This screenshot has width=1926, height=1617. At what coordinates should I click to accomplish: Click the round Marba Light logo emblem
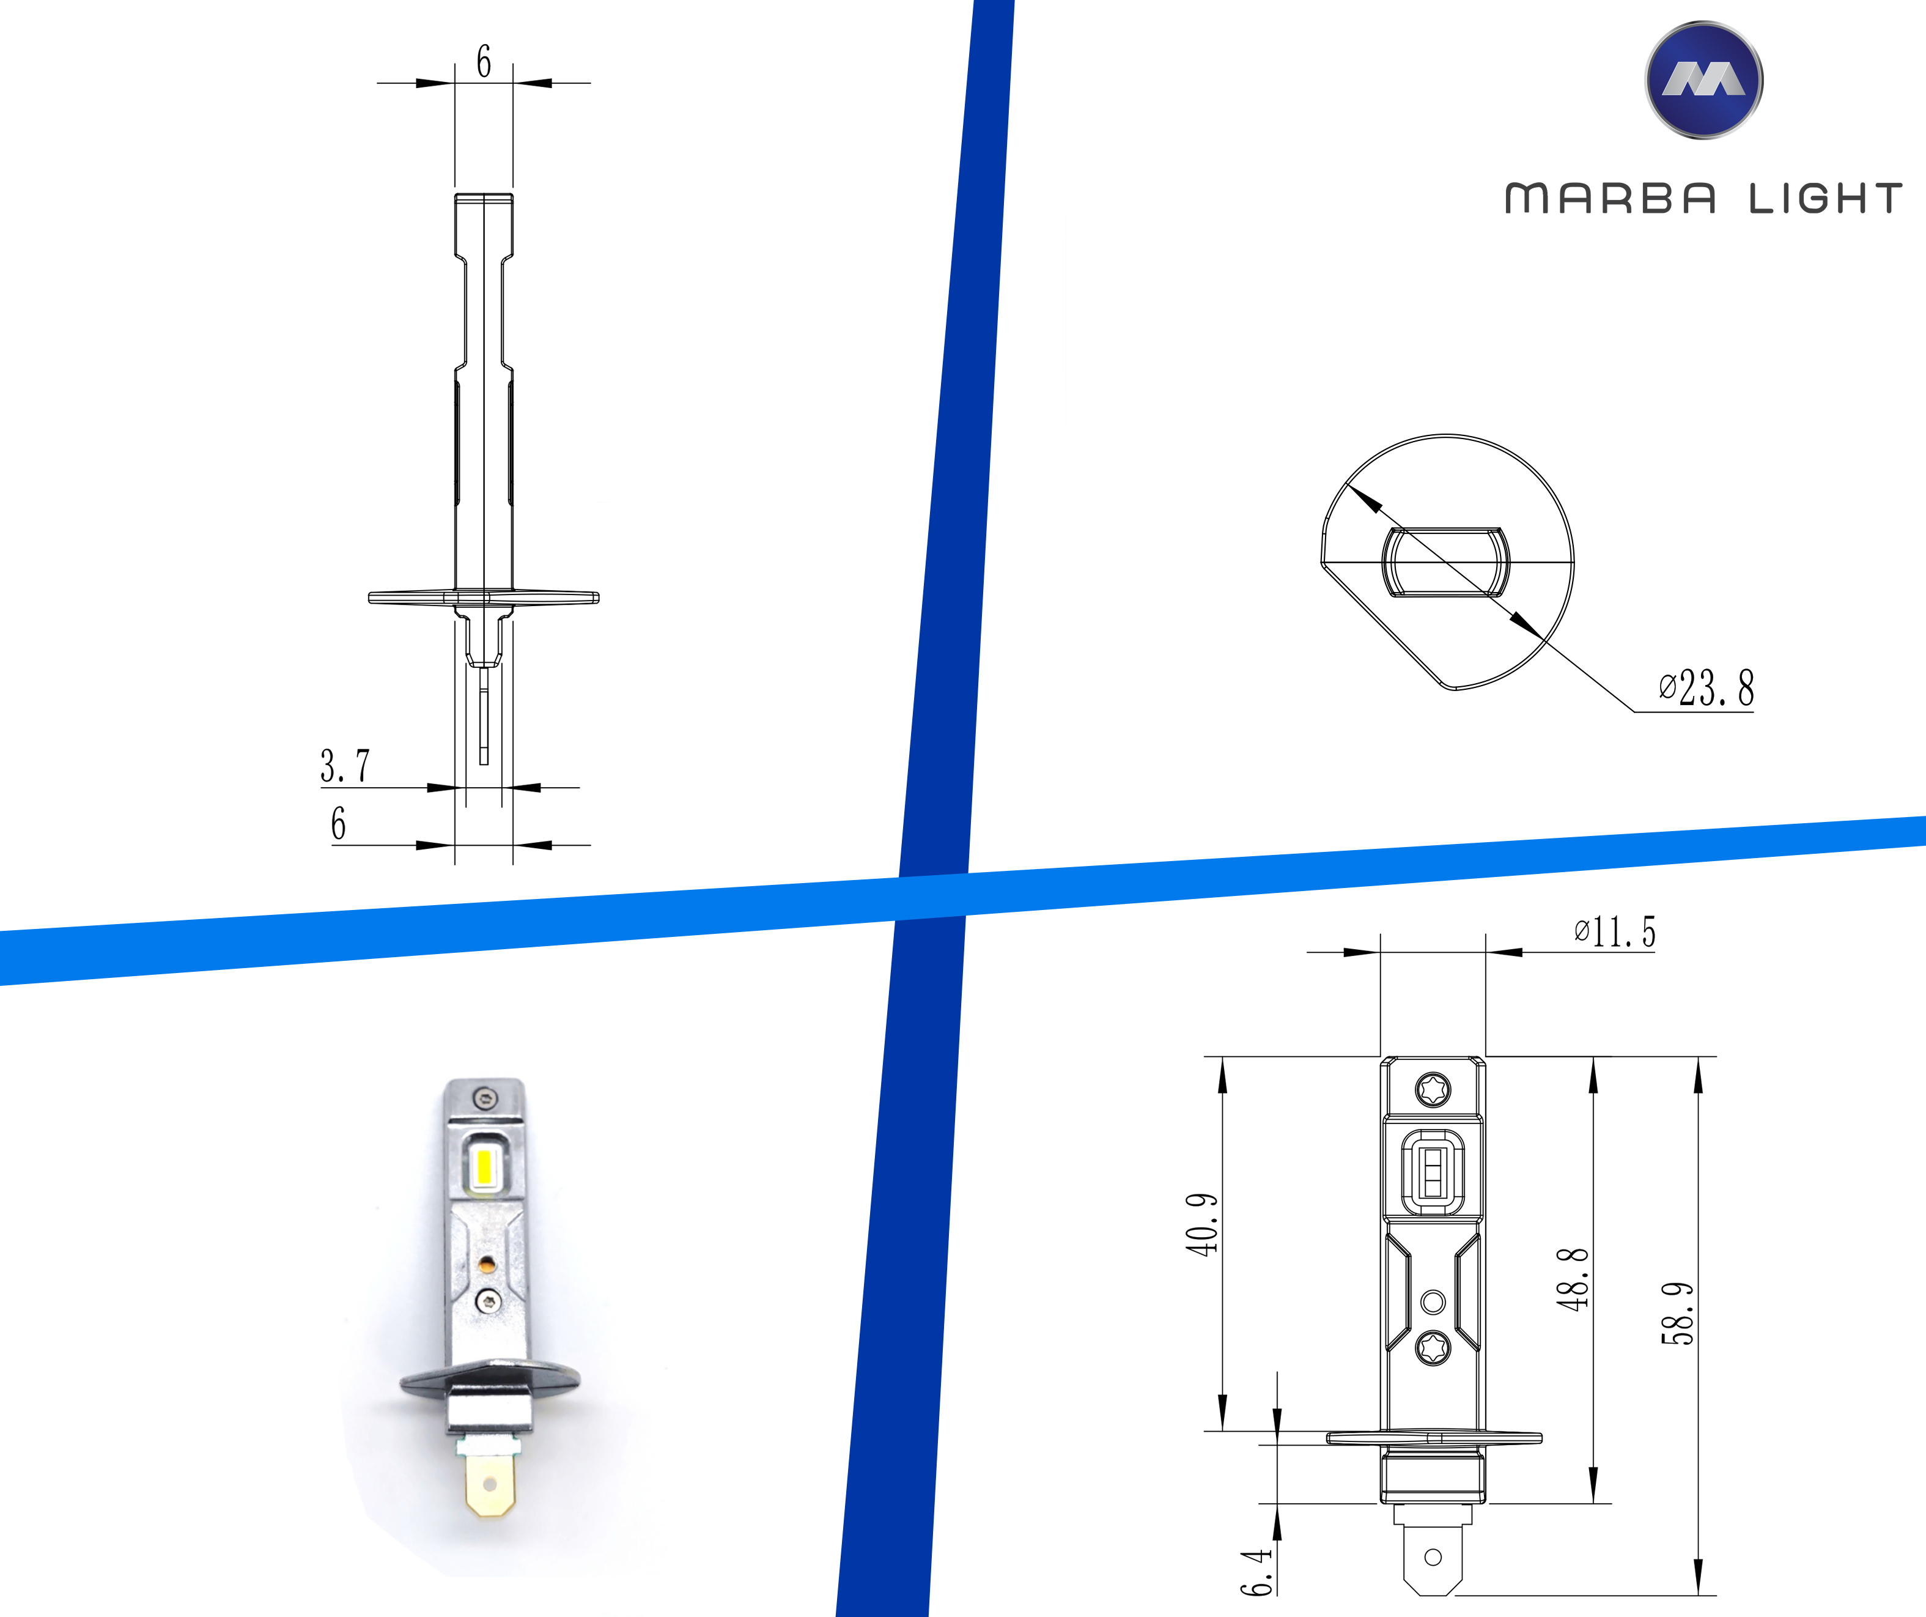point(1703,81)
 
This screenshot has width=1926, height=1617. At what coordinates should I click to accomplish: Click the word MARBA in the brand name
point(1609,199)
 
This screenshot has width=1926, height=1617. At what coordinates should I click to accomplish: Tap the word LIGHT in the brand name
point(1825,199)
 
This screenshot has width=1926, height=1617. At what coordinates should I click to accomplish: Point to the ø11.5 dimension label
point(1615,932)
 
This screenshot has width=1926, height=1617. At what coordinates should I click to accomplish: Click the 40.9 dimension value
point(1201,1224)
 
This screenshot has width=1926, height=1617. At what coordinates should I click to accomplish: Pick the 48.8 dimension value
point(1572,1279)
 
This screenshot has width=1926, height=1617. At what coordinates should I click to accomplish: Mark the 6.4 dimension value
point(1256,1572)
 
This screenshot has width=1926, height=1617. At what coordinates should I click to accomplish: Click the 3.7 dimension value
point(345,766)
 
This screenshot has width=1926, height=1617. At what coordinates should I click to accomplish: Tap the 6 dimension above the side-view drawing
point(483,61)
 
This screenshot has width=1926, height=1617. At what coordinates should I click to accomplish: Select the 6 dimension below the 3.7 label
point(339,824)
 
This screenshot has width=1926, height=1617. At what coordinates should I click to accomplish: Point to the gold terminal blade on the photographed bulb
point(489,1486)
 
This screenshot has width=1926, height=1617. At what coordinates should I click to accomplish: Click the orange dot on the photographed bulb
point(487,1266)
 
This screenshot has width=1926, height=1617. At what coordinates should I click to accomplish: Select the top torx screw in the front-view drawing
point(1433,1090)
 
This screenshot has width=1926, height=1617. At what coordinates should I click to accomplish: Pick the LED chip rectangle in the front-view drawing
point(1432,1174)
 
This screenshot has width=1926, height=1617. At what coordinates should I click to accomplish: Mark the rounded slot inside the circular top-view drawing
point(1444,562)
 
